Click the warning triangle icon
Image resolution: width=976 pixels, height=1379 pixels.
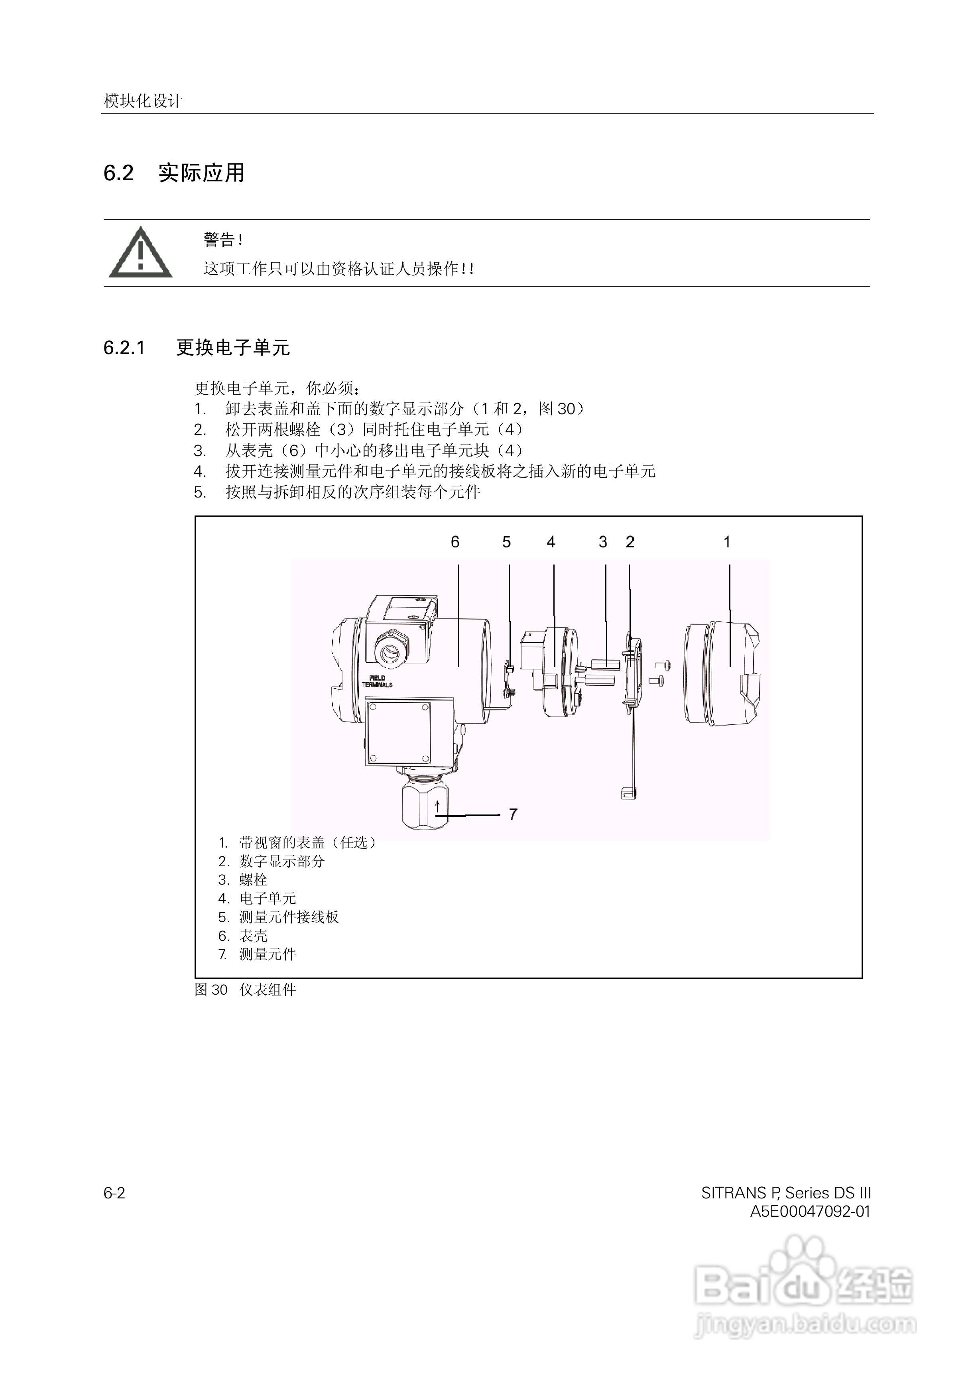(140, 254)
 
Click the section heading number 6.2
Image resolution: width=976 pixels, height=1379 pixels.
(118, 173)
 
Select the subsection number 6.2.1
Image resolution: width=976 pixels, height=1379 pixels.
(124, 348)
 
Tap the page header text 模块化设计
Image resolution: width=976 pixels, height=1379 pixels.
(143, 101)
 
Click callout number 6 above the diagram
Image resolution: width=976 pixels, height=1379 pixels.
(455, 542)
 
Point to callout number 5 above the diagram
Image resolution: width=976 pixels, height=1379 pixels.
(506, 542)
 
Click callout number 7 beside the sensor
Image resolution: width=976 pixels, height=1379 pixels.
(513, 814)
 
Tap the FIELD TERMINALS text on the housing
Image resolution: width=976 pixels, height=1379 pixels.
(378, 681)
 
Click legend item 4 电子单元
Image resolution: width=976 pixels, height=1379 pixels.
(258, 898)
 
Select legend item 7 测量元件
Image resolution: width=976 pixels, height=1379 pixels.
(258, 954)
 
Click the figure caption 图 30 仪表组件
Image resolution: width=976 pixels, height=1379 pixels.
(245, 989)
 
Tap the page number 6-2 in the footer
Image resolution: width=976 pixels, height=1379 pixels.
(114, 1193)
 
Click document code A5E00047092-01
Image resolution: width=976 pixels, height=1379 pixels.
(809, 1211)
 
